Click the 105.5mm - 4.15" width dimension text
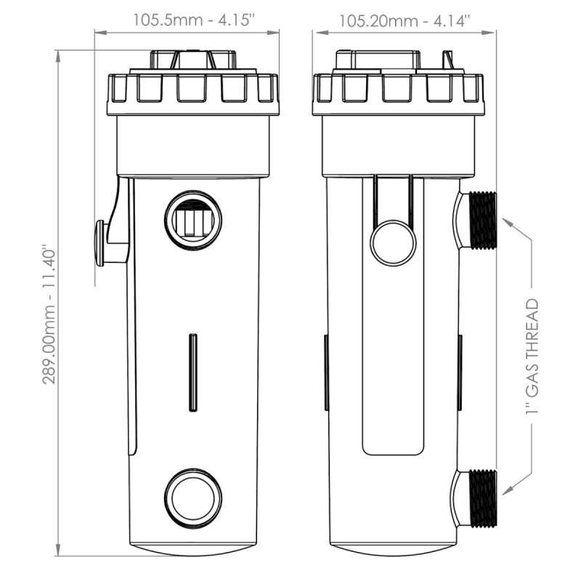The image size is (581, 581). [x=194, y=20]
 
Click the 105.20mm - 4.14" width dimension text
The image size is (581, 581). [x=405, y=21]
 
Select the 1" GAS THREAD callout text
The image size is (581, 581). [x=532, y=357]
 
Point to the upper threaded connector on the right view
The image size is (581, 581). [x=483, y=221]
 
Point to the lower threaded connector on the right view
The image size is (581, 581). [x=483, y=499]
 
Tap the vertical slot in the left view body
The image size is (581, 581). [x=193, y=373]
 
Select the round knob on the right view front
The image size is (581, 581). [x=393, y=243]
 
